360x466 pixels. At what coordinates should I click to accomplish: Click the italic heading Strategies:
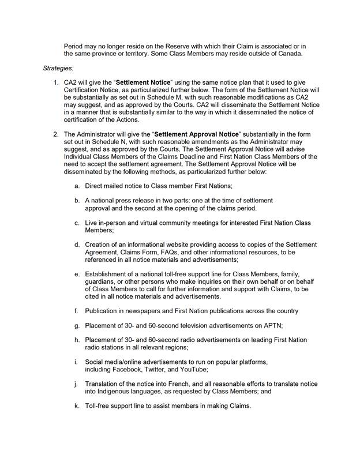[x=58, y=68]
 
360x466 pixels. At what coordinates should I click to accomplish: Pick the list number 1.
[x=56, y=82]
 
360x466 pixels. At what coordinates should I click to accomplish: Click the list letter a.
[x=77, y=186]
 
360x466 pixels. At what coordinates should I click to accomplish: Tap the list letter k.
[x=77, y=405]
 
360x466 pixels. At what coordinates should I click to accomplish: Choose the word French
[x=181, y=384]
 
